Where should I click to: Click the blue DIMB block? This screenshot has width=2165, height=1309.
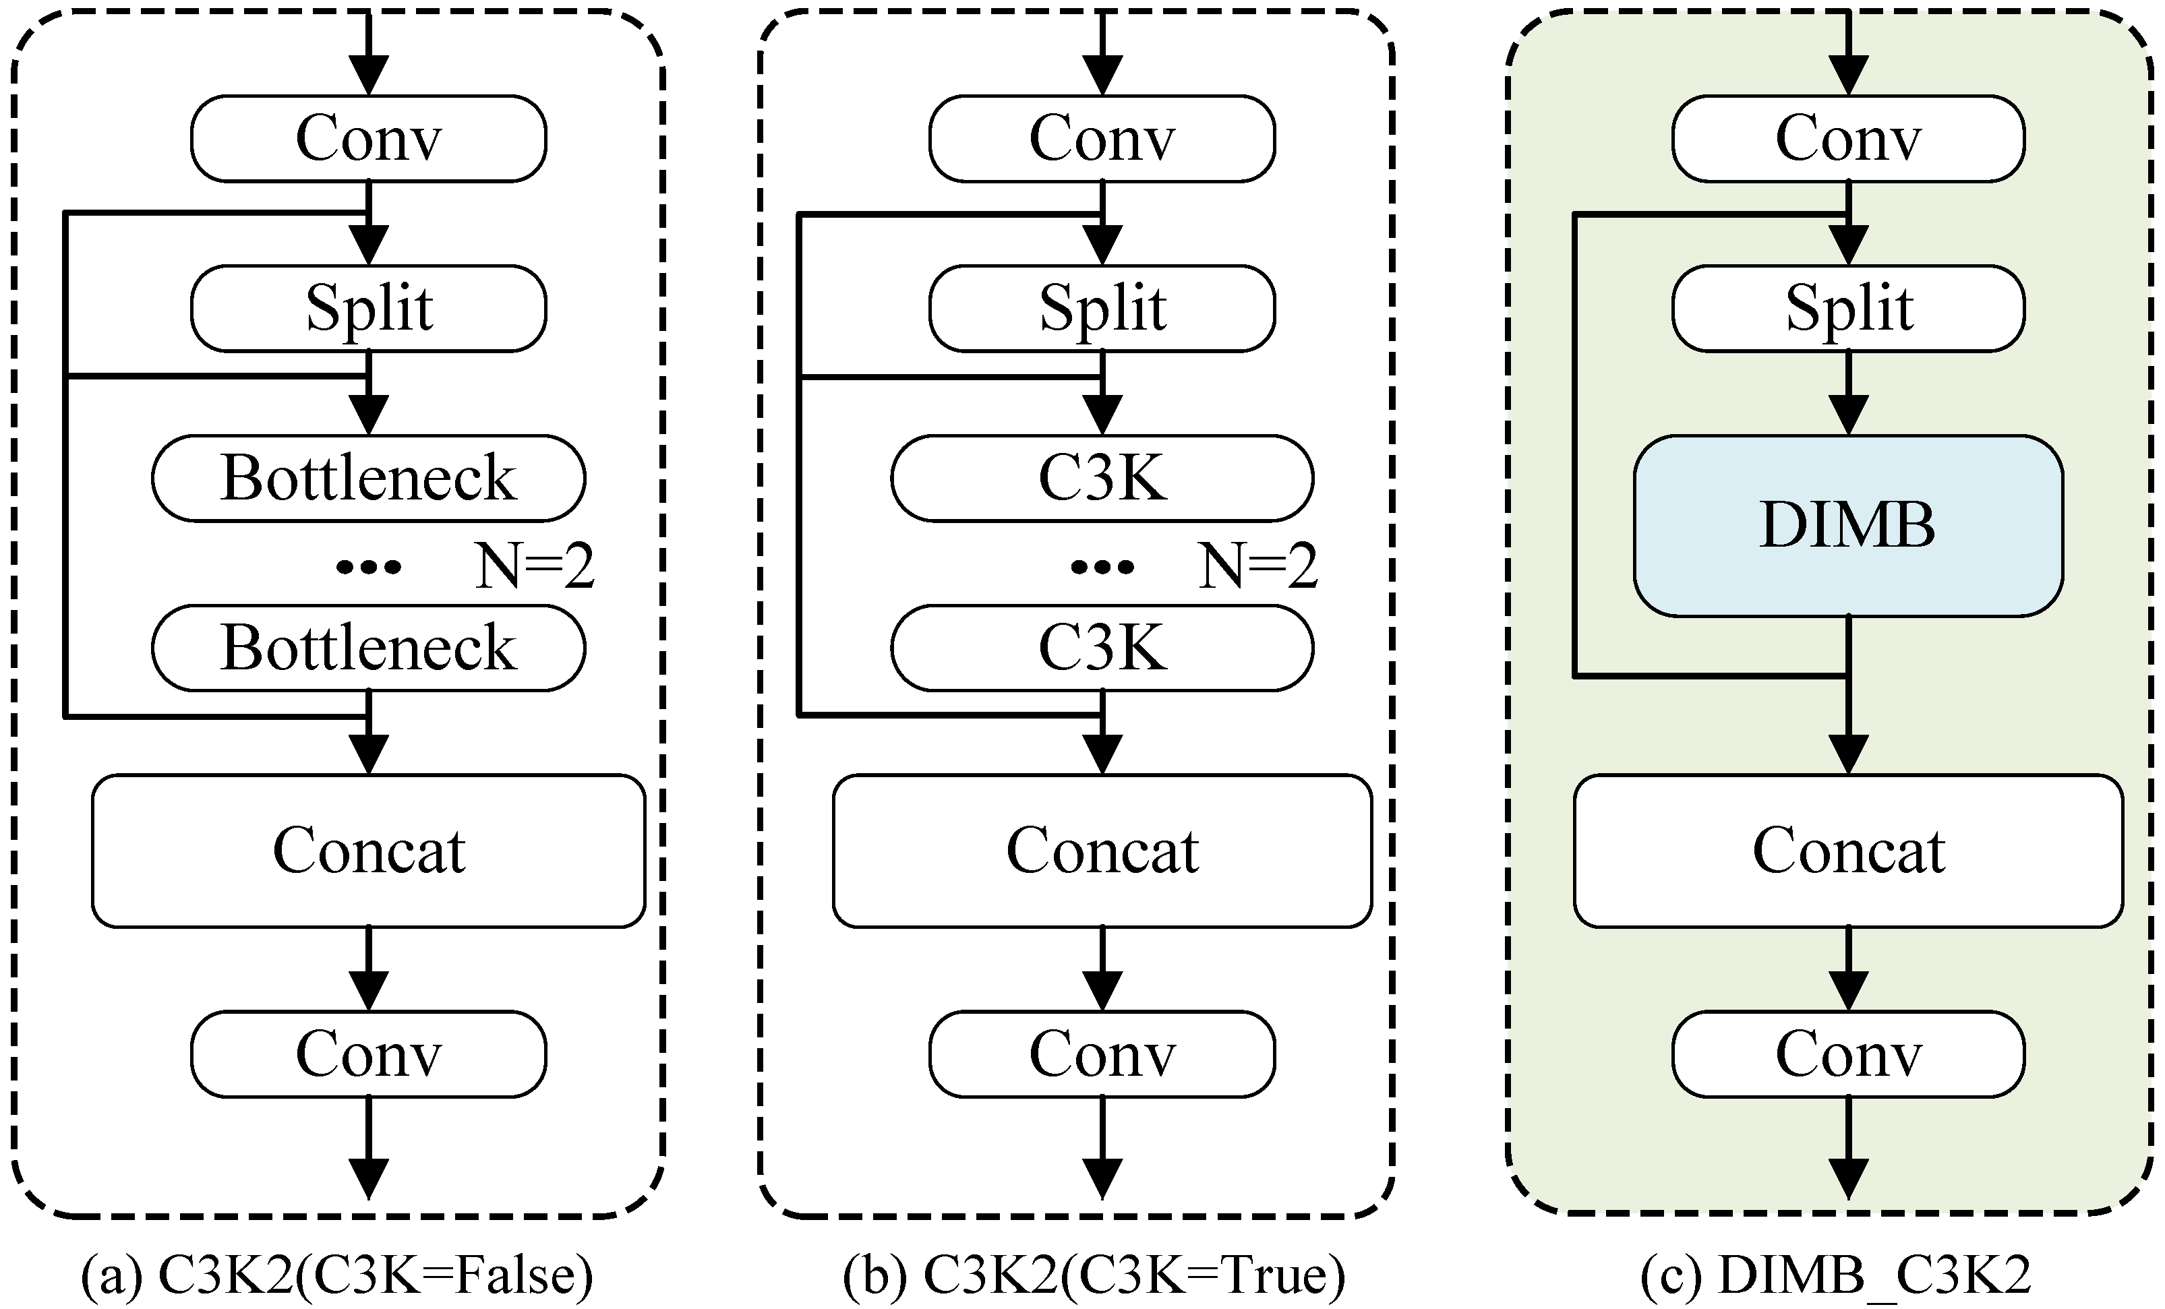pos(1848,525)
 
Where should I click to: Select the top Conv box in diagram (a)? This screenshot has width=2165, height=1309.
pos(368,139)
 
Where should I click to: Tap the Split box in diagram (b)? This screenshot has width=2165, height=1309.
pos(1102,308)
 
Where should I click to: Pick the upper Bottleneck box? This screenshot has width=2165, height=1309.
pos(368,478)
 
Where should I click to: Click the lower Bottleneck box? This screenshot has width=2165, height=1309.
pos(368,648)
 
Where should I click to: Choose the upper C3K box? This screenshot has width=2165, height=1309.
pos(1102,478)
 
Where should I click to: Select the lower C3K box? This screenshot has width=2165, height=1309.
pos(1102,648)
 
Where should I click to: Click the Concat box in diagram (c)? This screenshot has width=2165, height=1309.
pos(1848,851)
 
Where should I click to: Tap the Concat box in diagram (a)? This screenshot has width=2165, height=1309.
pos(368,851)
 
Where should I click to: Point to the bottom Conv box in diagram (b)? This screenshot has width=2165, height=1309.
pos(1102,1054)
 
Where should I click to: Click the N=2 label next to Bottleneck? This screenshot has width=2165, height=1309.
pos(534,566)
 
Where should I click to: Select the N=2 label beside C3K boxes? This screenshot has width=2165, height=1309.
pos(1258,566)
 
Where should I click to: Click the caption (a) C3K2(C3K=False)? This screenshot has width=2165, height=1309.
pos(337,1275)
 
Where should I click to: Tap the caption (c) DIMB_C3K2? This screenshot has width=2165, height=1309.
pos(1837,1275)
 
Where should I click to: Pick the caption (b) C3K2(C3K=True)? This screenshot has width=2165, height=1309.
pos(1094,1275)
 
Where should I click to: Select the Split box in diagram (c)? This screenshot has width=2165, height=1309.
pos(1848,308)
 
